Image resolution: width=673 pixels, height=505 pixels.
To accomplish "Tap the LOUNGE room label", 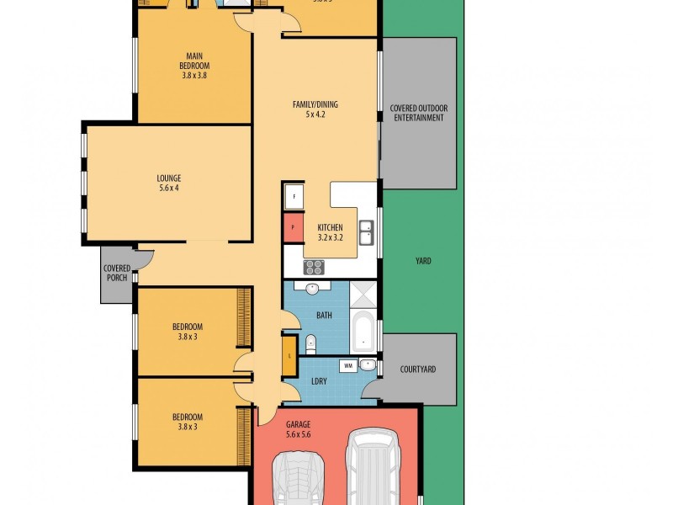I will (x=168, y=178).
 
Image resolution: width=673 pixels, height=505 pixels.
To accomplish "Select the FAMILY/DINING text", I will (x=315, y=104).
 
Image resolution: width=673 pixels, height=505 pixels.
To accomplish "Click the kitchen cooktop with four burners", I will (x=313, y=267).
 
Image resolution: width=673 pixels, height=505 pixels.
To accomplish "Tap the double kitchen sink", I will (x=367, y=231).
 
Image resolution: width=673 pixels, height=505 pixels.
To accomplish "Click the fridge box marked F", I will (x=293, y=196).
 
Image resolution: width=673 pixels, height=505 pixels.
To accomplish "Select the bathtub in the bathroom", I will (x=363, y=332).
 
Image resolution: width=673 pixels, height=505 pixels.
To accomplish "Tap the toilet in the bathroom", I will (x=310, y=342).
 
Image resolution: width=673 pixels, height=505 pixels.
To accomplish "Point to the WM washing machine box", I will (x=348, y=366).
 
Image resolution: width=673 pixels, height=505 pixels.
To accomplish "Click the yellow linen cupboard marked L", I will (x=289, y=355).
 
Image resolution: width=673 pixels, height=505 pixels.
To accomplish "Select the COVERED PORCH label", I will (x=117, y=274).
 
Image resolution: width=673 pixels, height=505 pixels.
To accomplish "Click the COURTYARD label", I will (x=417, y=369).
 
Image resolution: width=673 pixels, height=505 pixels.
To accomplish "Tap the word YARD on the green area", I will (x=423, y=261).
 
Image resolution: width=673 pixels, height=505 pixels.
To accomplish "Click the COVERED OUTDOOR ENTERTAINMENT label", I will (x=418, y=113).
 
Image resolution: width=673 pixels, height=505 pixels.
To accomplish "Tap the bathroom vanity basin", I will (x=312, y=289).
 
